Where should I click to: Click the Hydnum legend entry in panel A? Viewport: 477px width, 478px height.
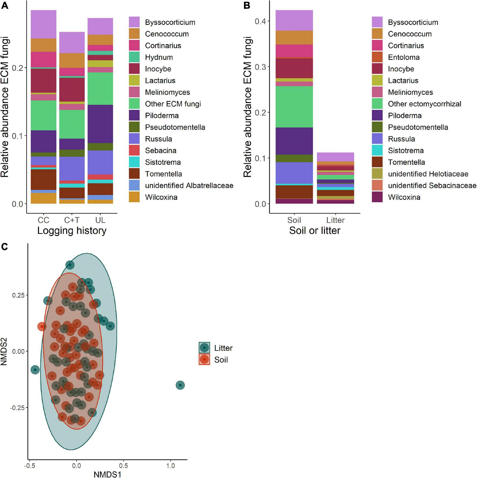coord(159,57)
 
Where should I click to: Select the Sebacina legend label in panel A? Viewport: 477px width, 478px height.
coord(160,151)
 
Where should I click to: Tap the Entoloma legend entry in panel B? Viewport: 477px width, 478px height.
coord(404,57)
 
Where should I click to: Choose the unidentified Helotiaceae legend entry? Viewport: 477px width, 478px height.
coord(428,174)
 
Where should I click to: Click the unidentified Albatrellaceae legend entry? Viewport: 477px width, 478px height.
coord(189,186)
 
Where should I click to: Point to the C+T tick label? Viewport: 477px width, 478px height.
coord(72,220)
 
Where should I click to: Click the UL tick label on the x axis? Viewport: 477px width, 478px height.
coord(100,220)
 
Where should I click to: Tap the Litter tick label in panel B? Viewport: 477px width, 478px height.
coord(335,220)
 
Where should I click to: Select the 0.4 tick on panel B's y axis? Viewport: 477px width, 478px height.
coord(260,21)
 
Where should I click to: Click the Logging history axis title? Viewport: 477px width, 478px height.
coord(72,231)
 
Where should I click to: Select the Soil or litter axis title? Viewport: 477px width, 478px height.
coord(315,231)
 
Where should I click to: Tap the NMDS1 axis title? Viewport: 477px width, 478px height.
coord(107,474)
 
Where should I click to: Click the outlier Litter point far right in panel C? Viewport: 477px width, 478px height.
coord(180,385)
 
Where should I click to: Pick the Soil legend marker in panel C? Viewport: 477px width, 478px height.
coord(204,360)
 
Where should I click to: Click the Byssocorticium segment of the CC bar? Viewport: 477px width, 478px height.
coord(43,24)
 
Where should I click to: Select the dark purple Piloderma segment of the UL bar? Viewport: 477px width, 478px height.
coord(100,124)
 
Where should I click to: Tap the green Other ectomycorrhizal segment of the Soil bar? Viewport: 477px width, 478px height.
coord(294,107)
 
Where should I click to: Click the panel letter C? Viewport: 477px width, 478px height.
coord(4,247)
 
